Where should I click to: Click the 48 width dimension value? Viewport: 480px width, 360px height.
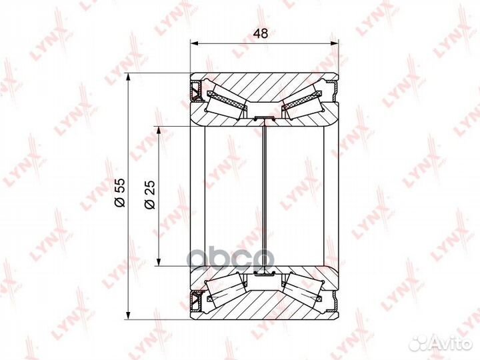tap(261, 34)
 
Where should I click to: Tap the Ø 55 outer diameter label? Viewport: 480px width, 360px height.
tap(120, 193)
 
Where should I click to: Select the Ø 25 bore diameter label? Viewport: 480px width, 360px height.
tap(150, 195)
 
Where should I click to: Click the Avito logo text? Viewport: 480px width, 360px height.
tap(453, 345)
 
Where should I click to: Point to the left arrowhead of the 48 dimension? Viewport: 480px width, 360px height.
tap(195, 44)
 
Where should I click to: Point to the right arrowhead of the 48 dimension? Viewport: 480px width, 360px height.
tap(334, 44)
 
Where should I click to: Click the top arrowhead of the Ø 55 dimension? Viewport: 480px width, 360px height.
tap(129, 77)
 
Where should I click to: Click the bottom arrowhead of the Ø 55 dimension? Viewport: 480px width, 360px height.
tap(129, 315)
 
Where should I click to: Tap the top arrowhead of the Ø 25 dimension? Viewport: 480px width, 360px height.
tap(159, 130)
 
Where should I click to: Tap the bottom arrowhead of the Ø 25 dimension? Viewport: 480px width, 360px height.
tap(159, 262)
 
